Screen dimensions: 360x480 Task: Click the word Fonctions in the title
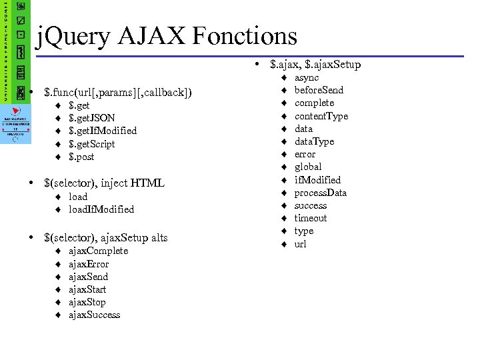(x=241, y=35)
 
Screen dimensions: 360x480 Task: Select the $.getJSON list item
(x=92, y=118)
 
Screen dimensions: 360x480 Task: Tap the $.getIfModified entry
(x=103, y=131)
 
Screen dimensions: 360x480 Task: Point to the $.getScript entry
(x=92, y=144)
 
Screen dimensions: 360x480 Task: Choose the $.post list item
(x=81, y=157)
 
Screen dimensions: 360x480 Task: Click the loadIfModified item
(x=101, y=209)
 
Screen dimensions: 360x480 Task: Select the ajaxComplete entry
(x=98, y=251)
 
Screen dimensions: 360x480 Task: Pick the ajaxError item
(x=89, y=264)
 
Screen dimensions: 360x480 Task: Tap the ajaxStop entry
(x=87, y=302)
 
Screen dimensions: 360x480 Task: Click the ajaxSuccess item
(x=95, y=315)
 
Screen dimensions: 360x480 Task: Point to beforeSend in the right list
(x=319, y=90)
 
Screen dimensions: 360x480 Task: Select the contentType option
(x=321, y=116)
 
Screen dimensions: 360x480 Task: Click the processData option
(x=321, y=193)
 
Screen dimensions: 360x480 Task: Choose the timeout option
(x=311, y=218)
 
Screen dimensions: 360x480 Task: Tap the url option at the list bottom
(x=301, y=244)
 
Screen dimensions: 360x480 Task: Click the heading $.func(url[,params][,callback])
(x=117, y=91)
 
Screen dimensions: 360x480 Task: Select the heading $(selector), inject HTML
(x=103, y=183)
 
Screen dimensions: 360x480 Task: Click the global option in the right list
(x=308, y=167)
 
